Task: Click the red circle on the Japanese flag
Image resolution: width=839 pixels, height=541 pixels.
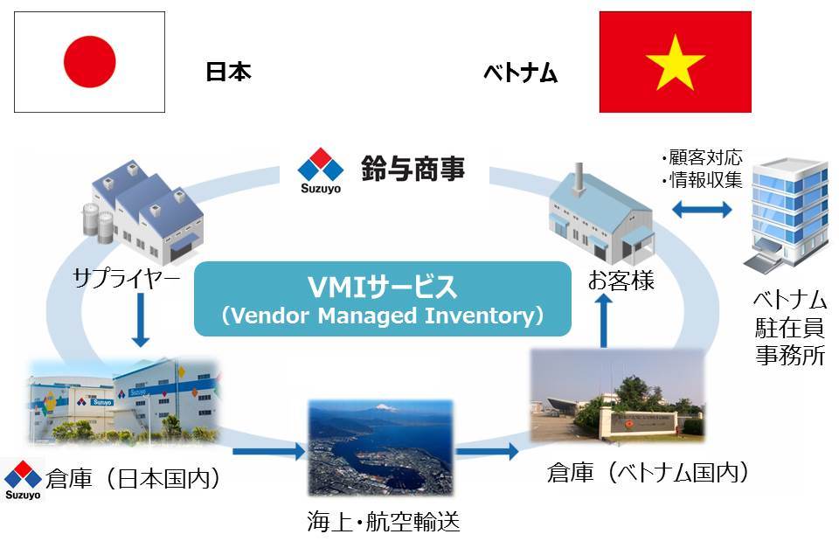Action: point(89,61)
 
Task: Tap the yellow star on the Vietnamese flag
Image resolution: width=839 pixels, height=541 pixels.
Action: point(676,63)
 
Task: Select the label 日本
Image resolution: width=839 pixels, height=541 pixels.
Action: point(228,72)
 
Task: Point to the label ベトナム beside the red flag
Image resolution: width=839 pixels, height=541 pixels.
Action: point(521,73)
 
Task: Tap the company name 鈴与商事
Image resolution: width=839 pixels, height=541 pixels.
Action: point(413,168)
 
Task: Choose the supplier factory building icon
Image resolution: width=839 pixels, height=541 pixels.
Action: point(142,211)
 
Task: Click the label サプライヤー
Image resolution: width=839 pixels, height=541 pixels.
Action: point(126,278)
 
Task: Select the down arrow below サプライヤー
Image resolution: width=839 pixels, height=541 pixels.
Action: point(141,320)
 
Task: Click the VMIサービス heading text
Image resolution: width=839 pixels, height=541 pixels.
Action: point(382,287)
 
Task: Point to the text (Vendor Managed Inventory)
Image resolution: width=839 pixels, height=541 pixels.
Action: point(383,316)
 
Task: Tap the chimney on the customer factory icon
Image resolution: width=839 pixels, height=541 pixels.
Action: point(579,179)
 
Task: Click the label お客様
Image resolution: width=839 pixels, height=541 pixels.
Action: point(621,281)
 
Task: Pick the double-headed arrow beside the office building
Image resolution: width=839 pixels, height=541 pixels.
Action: point(702,209)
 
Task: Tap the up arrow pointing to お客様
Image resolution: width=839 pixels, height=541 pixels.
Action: point(604,322)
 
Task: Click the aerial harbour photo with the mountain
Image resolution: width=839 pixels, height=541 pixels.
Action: point(380,447)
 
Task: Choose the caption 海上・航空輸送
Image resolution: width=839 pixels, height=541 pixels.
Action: point(383,521)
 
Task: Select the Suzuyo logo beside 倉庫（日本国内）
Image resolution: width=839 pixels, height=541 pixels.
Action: point(23,480)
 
